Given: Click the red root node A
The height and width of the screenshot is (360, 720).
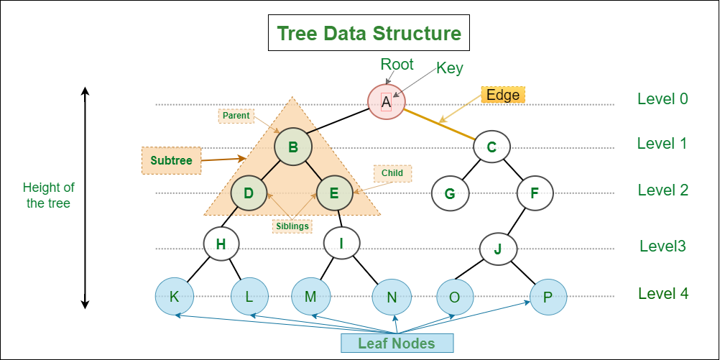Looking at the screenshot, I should (x=386, y=102).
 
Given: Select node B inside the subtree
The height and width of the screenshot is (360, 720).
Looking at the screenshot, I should (x=292, y=148).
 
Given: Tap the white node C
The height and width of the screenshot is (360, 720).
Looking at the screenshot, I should (x=491, y=148).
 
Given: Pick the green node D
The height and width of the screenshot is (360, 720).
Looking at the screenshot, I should (x=249, y=193).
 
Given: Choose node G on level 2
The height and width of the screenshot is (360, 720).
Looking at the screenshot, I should (x=450, y=193).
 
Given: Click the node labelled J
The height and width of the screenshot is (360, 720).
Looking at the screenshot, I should (x=499, y=249).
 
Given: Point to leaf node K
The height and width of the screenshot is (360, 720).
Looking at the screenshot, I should (x=174, y=296).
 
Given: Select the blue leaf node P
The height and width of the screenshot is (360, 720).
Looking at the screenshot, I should (x=548, y=296).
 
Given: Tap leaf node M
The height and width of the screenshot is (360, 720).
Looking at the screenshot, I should (x=310, y=296).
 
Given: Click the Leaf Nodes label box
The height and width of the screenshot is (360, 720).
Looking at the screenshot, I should (x=397, y=343).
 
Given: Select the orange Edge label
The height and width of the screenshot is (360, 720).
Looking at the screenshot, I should (x=503, y=95).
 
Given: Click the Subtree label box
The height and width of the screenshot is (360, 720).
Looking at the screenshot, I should (x=172, y=160).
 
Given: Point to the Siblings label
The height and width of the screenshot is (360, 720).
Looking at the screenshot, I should (x=292, y=226).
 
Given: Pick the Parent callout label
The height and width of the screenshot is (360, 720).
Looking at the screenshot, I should (x=236, y=115).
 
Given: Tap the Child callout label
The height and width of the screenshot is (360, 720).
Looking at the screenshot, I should (x=392, y=173).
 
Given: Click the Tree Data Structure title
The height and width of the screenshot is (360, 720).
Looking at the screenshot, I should (x=369, y=34).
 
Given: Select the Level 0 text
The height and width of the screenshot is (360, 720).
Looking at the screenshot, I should (x=663, y=98).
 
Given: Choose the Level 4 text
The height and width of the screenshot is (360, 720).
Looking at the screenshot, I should (x=663, y=294).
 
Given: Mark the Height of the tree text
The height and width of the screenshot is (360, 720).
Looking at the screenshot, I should (x=49, y=195).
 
